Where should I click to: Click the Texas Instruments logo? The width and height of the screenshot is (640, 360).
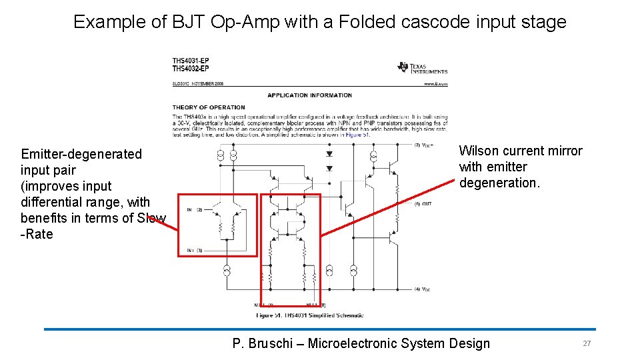coord(423,67)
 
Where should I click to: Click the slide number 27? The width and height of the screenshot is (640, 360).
coord(587,343)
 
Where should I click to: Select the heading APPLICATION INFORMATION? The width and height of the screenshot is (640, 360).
coord(309,95)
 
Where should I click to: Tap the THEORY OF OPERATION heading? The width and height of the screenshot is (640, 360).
coord(209,107)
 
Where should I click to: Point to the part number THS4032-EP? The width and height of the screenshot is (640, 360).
coord(191,69)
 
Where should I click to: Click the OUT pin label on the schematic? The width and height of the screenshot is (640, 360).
coord(426,203)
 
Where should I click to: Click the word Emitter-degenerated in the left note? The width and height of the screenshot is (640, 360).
coord(81,154)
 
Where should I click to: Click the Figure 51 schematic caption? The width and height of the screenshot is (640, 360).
coord(310,315)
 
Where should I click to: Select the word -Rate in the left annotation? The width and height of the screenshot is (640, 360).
coord(37,234)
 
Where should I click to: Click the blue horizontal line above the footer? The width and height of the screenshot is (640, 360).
coord(320,329)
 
